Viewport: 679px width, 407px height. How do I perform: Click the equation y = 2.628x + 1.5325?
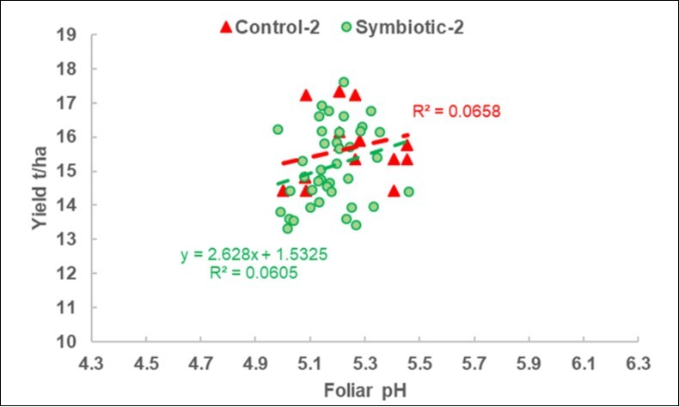(x=242, y=255)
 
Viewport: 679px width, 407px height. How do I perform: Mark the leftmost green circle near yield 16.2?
(x=278, y=130)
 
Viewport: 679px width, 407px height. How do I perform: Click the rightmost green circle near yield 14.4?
(x=408, y=191)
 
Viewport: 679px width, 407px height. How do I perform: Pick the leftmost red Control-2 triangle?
(x=282, y=191)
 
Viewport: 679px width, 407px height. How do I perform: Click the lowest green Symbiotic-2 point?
(x=287, y=228)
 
